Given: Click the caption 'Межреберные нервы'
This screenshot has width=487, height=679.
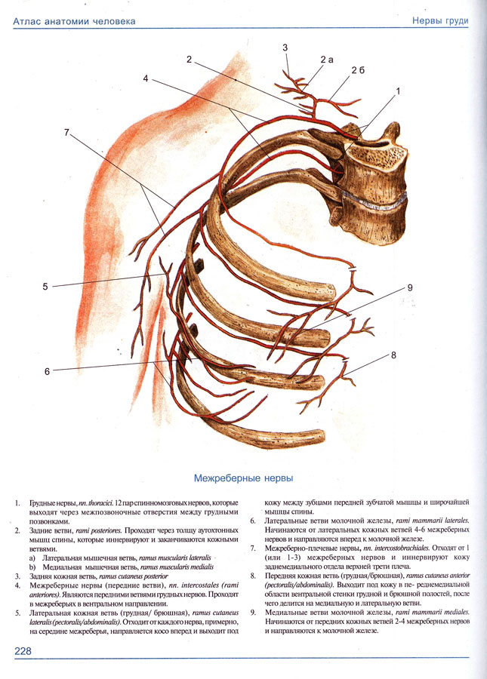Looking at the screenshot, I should point(244,478).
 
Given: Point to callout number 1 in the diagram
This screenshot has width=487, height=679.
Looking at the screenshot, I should point(397,90).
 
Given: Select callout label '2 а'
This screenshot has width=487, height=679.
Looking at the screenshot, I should point(326,59).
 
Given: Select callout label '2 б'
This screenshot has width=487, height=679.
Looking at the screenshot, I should point(358,70).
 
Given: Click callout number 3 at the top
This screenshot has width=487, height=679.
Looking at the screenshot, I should point(285,48).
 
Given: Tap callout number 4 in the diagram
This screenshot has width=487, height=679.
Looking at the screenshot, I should point(145,78).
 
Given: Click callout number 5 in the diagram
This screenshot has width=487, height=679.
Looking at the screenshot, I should point(45,286).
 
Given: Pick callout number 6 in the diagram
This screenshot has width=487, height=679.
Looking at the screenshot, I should point(47,371).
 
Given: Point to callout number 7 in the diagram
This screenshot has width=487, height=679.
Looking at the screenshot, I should point(66,132).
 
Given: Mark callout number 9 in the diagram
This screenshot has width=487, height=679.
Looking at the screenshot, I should point(410,287).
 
